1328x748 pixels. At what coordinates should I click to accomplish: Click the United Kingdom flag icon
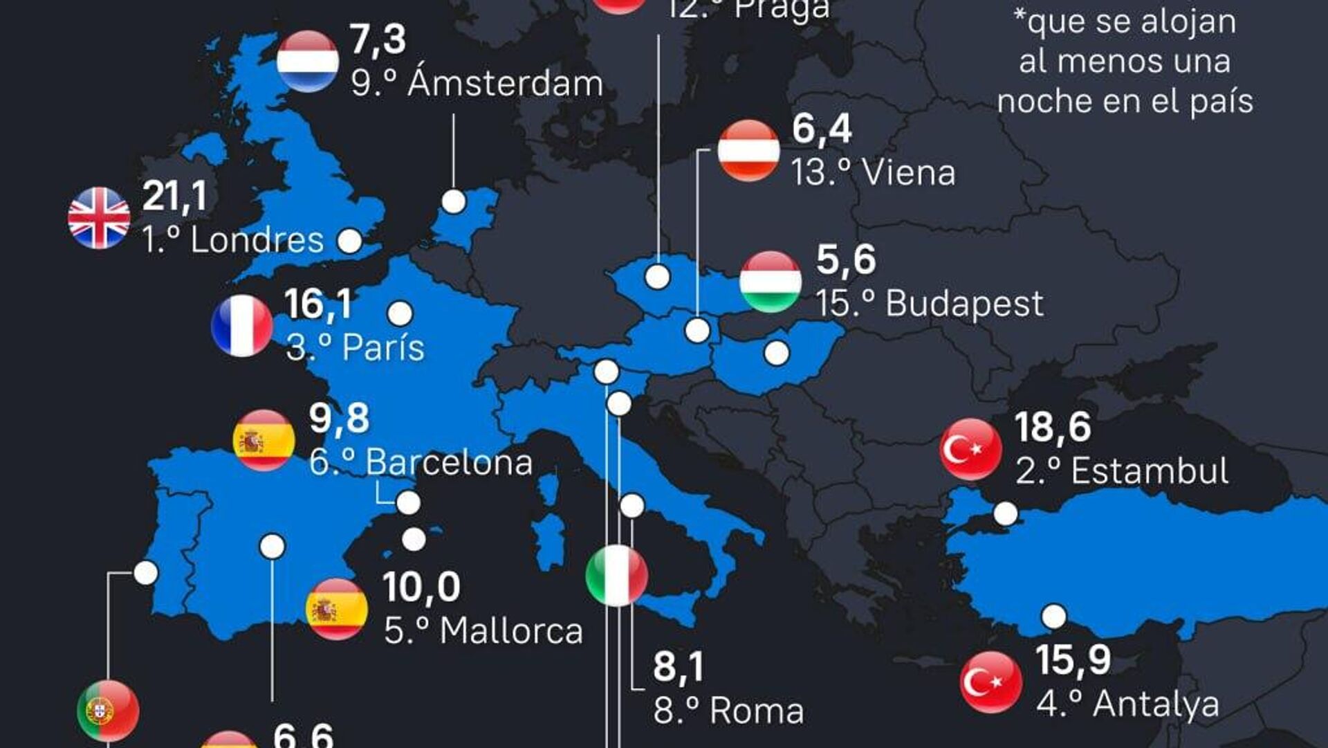pyautogui.click(x=99, y=217)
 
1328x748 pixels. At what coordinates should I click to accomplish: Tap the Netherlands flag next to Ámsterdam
pyautogui.click(x=308, y=61)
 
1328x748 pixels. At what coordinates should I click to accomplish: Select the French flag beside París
pyautogui.click(x=242, y=325)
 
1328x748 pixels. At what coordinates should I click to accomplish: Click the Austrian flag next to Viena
pyautogui.click(x=748, y=150)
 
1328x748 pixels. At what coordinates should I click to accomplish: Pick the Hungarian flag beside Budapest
pyautogui.click(x=770, y=282)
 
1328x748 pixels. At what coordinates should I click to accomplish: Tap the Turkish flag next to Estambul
pyautogui.click(x=970, y=449)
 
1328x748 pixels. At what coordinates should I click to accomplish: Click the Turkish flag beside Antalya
pyautogui.click(x=991, y=682)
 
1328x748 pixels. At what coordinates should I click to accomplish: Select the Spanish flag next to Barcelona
pyautogui.click(x=264, y=440)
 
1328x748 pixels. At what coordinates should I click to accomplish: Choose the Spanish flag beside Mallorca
pyautogui.click(x=337, y=609)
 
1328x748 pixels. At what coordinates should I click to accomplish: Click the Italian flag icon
pyautogui.click(x=616, y=576)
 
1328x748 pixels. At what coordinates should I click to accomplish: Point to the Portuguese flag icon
pyautogui.click(x=108, y=711)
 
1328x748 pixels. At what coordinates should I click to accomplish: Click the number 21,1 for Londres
pyautogui.click(x=174, y=196)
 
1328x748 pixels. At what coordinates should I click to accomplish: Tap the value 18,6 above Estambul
pyautogui.click(x=1052, y=427)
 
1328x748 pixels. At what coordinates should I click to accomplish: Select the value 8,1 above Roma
pyautogui.click(x=678, y=667)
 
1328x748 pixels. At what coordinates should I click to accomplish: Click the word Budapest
pyautogui.click(x=964, y=304)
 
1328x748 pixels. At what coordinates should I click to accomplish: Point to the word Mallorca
pyautogui.click(x=511, y=631)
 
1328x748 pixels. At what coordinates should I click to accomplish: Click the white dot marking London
pyautogui.click(x=349, y=241)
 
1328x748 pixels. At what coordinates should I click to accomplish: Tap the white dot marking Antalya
pyautogui.click(x=1053, y=616)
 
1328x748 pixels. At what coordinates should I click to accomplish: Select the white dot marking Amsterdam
pyautogui.click(x=454, y=201)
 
